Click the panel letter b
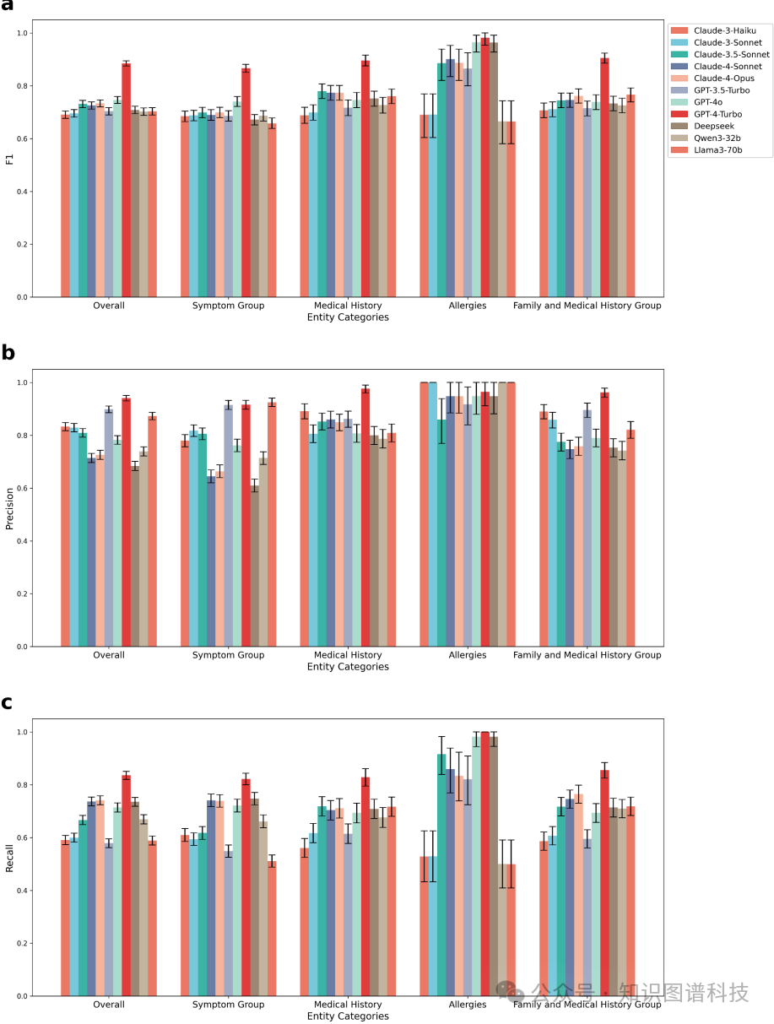8,353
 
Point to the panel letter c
8,702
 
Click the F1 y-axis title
9,158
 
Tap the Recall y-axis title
9,858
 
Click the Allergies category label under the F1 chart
468,306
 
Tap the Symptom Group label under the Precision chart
228,655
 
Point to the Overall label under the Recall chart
108,1005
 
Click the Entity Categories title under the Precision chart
348,667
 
